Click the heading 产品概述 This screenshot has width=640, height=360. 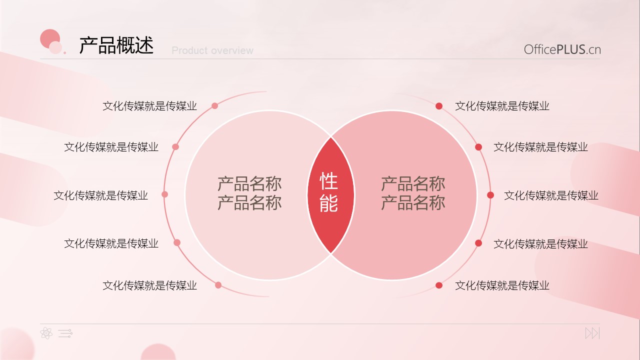(116, 45)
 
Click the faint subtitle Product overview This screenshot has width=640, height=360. (212, 50)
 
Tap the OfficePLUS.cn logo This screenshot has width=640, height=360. (562, 49)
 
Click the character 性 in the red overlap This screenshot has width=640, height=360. (329, 181)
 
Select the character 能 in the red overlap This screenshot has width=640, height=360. (329, 203)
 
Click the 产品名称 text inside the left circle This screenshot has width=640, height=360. (249, 193)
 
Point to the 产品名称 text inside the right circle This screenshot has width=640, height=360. (413, 193)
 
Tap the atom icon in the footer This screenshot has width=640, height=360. (46, 333)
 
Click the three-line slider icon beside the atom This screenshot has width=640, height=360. (65, 333)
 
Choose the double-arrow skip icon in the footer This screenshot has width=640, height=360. (592, 333)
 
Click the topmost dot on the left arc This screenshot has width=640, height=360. (215, 106)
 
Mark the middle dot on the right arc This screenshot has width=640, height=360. (490, 195)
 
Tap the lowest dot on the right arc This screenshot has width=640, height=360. (439, 285)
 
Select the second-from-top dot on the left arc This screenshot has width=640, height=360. (175, 147)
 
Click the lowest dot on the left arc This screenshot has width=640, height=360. (218, 285)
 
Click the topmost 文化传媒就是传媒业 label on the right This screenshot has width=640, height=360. (502, 106)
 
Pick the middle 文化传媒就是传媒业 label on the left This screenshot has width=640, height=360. (100, 195)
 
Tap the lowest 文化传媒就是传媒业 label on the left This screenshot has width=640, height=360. (149, 285)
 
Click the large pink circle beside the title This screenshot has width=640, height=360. (50, 39)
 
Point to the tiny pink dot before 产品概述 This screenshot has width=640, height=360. (65, 52)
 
